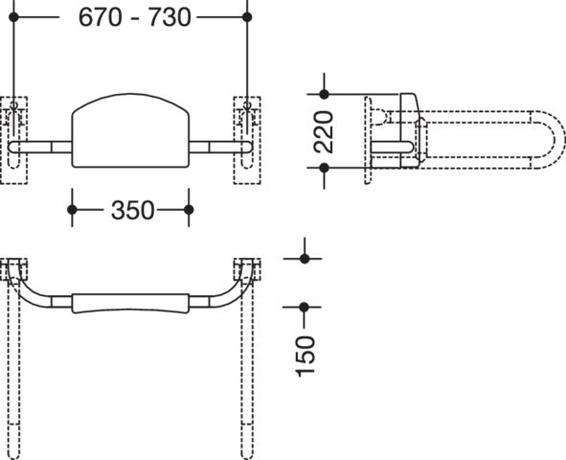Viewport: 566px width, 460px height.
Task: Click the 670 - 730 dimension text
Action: coord(134,17)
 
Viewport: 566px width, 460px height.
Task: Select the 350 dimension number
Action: coord(132,210)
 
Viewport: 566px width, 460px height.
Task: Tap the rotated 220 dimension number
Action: coord(324,132)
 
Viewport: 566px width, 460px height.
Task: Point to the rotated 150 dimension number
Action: coord(306,356)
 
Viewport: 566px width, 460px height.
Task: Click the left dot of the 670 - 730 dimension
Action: coord(13,17)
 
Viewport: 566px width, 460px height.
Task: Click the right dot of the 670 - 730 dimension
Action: coord(247,17)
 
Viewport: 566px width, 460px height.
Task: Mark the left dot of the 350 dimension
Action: coord(72,210)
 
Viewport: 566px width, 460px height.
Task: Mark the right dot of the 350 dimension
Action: coord(189,210)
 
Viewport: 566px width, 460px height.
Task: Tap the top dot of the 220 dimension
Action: coord(324,94)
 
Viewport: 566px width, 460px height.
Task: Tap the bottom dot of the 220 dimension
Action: coord(324,168)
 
